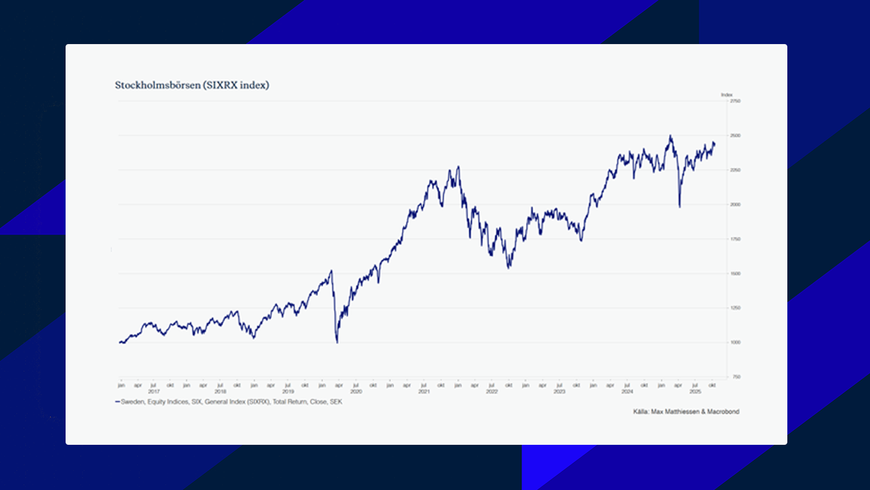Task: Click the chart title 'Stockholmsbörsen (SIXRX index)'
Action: point(192,85)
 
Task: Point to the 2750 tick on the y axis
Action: point(736,101)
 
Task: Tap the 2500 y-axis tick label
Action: point(736,135)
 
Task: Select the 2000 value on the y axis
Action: point(736,204)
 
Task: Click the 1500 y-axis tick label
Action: point(736,274)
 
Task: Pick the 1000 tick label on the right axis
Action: point(736,342)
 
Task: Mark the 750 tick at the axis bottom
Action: point(736,377)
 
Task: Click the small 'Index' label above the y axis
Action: point(727,95)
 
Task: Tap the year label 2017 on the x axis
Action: point(154,391)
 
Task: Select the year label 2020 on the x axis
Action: point(356,391)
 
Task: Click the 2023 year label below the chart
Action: point(559,391)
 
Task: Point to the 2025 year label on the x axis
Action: point(695,391)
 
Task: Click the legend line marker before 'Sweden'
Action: point(117,402)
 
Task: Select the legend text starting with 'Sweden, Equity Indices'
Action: point(231,402)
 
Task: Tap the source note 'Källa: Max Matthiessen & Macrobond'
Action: point(686,412)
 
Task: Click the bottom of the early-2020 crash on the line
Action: point(337,342)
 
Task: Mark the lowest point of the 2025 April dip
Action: point(679,207)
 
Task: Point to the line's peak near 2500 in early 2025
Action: point(670,135)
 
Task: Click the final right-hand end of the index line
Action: point(715,144)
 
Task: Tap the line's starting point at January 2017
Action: point(120,342)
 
